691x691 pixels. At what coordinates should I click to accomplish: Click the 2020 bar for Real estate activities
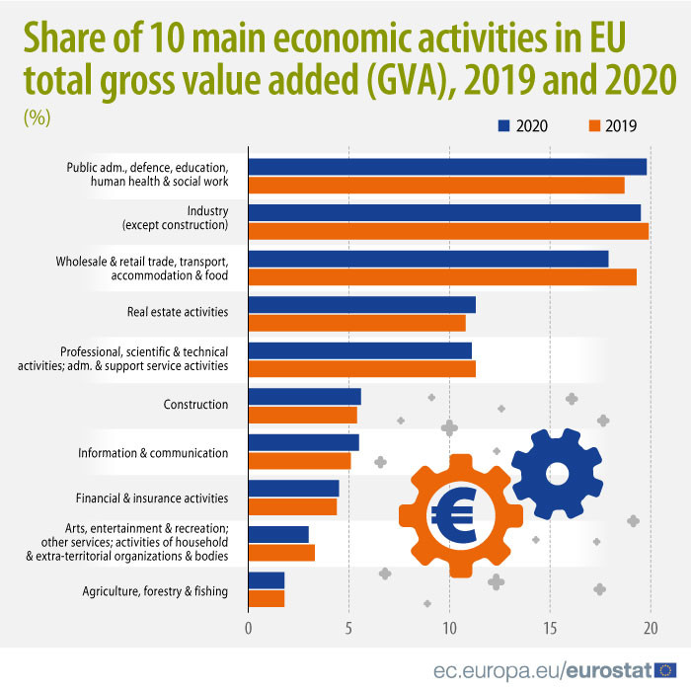361,304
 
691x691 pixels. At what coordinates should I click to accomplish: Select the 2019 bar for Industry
448,231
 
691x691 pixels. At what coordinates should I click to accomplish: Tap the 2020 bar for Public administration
447,166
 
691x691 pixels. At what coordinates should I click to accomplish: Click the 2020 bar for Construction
304,397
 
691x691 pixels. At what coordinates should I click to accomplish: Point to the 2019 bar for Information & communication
299,461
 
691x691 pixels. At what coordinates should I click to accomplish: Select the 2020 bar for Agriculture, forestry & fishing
266,580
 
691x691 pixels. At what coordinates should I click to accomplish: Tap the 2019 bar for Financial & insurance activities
292,507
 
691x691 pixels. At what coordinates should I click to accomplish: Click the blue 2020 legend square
502,125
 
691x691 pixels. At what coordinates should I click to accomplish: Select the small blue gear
556,471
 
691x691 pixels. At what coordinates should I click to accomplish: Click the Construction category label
195,405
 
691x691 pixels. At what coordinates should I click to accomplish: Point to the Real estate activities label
178,312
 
